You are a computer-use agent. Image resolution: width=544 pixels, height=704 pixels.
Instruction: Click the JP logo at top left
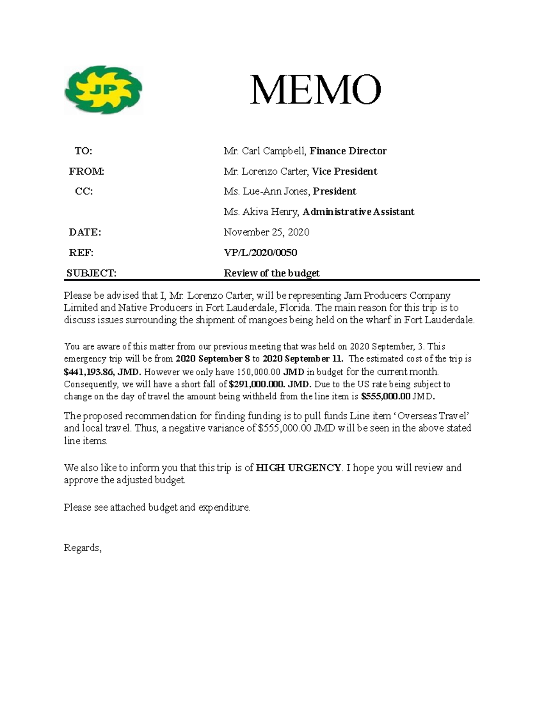point(103,90)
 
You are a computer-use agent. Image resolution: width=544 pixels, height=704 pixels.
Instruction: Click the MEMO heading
point(316,90)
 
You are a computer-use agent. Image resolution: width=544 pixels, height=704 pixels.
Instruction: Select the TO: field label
point(83,151)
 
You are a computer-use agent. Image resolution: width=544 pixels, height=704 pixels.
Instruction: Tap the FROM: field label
point(86,171)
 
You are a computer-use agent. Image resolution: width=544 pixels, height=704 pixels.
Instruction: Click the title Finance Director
point(348,151)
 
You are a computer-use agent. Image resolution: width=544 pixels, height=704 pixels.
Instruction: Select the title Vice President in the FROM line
point(345,171)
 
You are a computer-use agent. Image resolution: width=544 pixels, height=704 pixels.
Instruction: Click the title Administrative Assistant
point(358,212)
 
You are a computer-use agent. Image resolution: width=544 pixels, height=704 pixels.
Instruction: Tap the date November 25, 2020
point(266,232)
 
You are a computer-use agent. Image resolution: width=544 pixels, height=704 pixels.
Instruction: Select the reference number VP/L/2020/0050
point(260,252)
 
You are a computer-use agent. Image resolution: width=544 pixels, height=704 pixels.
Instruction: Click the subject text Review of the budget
point(272,273)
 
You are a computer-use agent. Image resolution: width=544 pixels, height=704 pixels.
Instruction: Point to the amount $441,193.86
point(88,372)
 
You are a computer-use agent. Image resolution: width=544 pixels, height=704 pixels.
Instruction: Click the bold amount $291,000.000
point(257,384)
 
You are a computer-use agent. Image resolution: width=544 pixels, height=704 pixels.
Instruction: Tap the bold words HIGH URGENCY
point(298,467)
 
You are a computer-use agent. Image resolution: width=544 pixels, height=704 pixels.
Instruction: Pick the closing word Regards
point(83,548)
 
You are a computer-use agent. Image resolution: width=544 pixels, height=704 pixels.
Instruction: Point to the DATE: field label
point(85,232)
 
